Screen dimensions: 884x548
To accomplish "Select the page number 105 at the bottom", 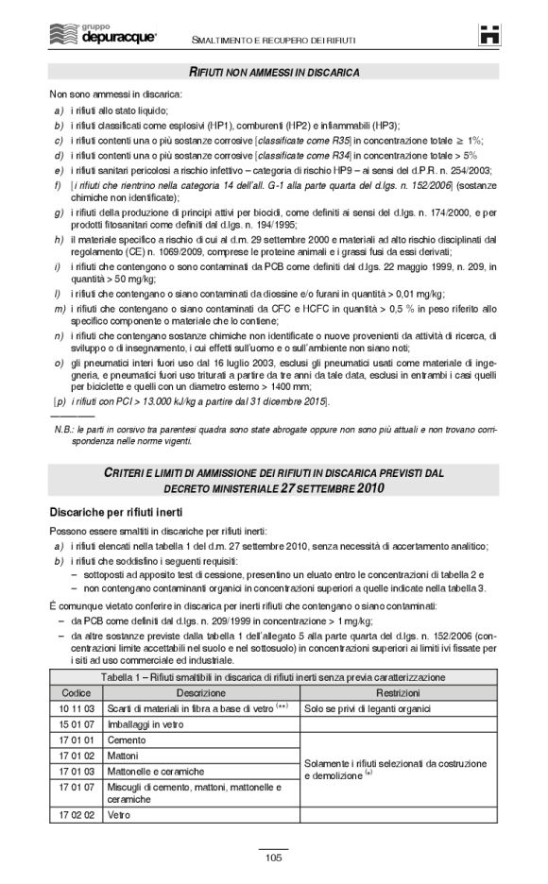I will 274,857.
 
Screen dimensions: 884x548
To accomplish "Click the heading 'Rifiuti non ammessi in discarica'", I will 274,72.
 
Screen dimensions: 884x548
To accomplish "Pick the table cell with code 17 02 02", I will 76,814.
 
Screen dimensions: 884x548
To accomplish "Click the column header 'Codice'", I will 76,691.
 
